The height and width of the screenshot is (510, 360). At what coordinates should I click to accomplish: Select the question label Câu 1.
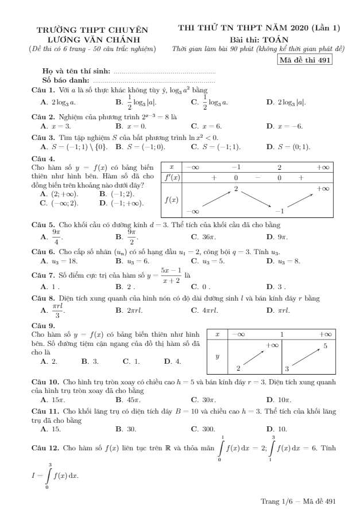coord(43,91)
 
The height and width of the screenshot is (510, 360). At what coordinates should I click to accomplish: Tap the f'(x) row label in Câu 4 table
coord(172,178)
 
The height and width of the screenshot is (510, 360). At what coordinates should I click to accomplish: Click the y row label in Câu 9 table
coord(217,356)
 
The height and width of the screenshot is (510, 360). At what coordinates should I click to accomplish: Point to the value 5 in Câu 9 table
coord(325,346)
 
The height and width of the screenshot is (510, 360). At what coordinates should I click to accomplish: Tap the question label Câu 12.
coord(44,447)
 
